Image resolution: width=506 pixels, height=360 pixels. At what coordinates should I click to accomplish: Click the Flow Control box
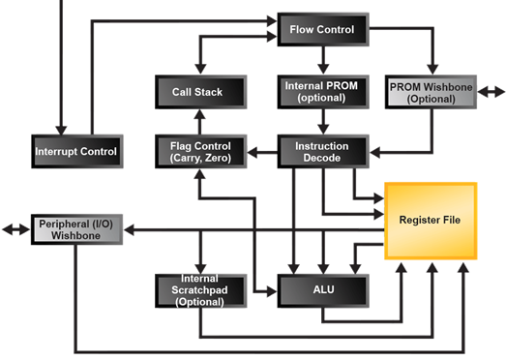pyautogui.click(x=321, y=30)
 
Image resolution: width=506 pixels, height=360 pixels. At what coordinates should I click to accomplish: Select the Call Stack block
pyautogui.click(x=198, y=92)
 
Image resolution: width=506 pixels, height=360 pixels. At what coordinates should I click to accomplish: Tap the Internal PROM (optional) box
pyautogui.click(x=319, y=92)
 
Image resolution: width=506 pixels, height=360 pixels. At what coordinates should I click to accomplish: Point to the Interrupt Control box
pyautogui.click(x=75, y=151)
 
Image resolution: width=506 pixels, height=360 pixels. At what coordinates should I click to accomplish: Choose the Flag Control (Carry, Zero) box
pyautogui.click(x=198, y=151)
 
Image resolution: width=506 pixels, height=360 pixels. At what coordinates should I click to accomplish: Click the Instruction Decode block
pyautogui.click(x=319, y=151)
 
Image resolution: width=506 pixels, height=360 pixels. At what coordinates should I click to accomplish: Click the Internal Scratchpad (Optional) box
pyautogui.click(x=198, y=287)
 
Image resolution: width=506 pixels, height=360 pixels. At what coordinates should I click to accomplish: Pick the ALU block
pyautogui.click(x=321, y=287)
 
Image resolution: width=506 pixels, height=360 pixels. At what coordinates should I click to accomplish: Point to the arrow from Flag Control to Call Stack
pyautogui.click(x=198, y=121)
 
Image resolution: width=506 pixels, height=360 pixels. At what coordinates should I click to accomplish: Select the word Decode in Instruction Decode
pyautogui.click(x=319, y=158)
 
